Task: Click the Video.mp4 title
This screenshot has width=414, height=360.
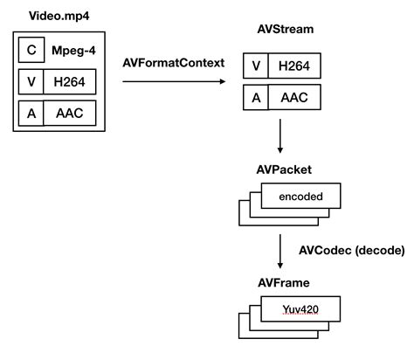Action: pos(57,16)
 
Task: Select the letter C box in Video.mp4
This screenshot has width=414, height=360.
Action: pos(31,51)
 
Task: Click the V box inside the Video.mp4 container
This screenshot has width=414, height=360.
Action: pos(31,82)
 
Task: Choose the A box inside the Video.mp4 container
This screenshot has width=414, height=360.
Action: pos(31,114)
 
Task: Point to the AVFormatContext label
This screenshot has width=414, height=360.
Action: pos(173,64)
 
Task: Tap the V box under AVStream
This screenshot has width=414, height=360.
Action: pos(256,67)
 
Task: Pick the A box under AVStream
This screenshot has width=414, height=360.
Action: pos(256,99)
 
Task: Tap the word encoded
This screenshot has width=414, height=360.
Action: pos(301,197)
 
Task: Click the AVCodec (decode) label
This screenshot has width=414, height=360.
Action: pos(352,250)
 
